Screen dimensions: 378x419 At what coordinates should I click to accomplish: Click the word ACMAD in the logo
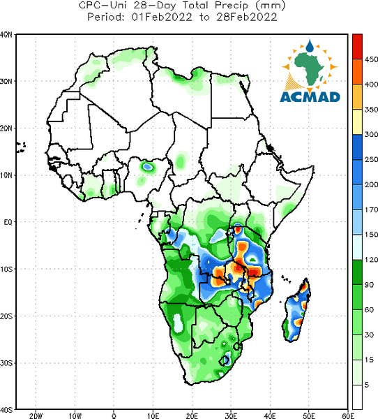click(x=310, y=97)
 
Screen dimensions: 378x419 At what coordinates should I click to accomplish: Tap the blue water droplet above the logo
click(x=310, y=46)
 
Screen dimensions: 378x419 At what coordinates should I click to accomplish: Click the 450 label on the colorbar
click(x=371, y=59)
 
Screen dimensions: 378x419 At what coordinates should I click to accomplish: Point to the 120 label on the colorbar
click(x=371, y=260)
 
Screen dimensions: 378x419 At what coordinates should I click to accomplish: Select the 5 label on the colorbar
click(x=367, y=385)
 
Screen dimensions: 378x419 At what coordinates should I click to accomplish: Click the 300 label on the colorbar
click(x=371, y=134)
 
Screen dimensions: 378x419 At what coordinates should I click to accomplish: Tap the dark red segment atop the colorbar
click(x=357, y=47)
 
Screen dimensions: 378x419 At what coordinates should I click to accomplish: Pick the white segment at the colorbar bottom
click(x=357, y=397)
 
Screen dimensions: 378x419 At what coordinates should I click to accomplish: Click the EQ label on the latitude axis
click(x=8, y=222)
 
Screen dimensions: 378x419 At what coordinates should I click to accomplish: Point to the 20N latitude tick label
click(x=6, y=128)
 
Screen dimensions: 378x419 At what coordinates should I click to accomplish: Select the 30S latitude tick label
click(x=6, y=363)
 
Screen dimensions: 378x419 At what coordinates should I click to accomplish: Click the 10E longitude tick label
click(x=153, y=416)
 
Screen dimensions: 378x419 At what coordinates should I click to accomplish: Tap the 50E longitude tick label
click(x=309, y=416)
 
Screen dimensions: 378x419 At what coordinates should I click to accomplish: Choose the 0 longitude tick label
click(x=114, y=416)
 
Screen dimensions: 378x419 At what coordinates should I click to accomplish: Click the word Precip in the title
click(x=232, y=6)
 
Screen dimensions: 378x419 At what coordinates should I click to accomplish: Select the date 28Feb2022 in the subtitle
click(x=246, y=17)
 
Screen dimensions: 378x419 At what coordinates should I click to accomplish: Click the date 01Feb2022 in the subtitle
click(x=162, y=17)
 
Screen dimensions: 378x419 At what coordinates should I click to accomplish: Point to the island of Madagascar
click(x=297, y=311)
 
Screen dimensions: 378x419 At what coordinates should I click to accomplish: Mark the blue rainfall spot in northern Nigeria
click(x=147, y=167)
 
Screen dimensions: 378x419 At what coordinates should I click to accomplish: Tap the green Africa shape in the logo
click(x=310, y=67)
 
